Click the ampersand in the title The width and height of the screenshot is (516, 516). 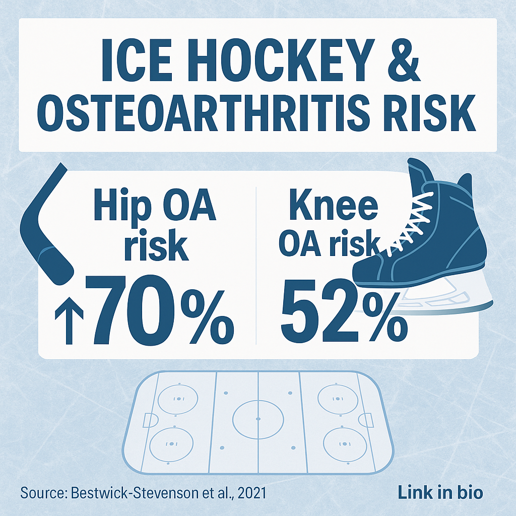pos(404,61)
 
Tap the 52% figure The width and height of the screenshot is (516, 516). pos(344,310)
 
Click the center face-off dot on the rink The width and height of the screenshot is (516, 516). pos(258,419)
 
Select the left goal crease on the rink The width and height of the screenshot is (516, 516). pos(150,420)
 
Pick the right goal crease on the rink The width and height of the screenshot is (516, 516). pos(366,420)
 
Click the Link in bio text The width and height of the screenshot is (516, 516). pos(440,493)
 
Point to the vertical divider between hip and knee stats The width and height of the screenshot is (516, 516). pos(256,265)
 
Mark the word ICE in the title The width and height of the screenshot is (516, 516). pos(137,61)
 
